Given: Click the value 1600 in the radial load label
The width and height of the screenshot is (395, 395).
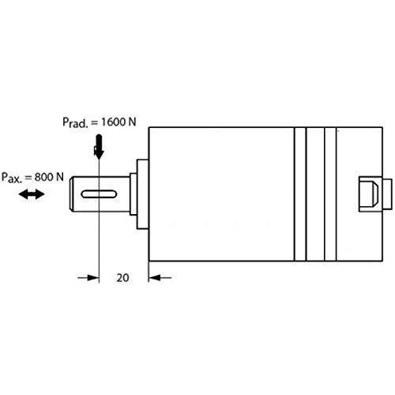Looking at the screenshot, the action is pos(113,122).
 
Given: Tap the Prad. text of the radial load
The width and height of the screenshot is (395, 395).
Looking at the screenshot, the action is pos(75,122).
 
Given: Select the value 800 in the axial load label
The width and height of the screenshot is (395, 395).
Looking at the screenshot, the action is pos(44,177).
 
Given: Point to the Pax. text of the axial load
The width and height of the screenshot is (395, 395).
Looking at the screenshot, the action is pos(12,178).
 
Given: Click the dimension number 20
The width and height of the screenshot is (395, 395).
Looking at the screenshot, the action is pos(122,278).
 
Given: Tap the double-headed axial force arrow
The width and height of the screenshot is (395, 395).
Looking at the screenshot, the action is pos(32,194).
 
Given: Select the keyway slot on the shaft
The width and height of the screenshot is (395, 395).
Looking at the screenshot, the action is pos(99,194).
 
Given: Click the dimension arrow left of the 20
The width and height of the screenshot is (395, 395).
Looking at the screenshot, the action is pos(88,277).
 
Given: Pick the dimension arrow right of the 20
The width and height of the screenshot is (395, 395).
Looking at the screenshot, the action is pos(160,277).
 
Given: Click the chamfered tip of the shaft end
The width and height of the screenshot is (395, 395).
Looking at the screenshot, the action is pos(71,194).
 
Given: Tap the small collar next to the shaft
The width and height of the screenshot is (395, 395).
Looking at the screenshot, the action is pos(134,194).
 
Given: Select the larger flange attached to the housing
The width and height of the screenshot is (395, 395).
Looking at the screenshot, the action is pos(143,194).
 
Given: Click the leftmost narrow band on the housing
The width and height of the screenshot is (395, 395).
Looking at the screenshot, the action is pos(300,194).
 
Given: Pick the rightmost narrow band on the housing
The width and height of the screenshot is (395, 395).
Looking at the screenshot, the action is pos(330,194).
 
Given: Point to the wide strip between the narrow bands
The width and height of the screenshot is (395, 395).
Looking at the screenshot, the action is pos(315,194).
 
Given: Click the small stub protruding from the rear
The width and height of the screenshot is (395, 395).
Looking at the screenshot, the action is pos(387,194).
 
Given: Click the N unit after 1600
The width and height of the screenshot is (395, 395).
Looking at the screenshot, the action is pos(132,122).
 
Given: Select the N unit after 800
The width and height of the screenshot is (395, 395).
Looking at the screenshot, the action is pos(60,177).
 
